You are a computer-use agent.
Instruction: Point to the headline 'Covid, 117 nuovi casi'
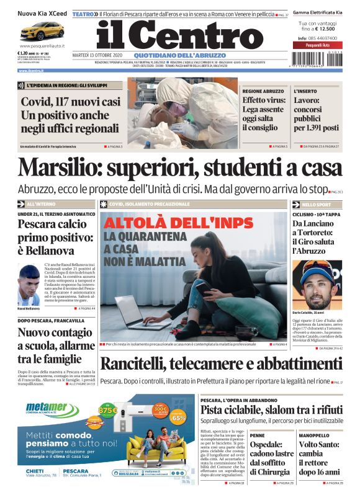(71, 102)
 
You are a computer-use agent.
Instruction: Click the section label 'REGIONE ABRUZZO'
(263, 91)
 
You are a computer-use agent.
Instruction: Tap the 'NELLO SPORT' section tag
(317, 204)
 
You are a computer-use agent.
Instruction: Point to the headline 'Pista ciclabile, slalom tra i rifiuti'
(271, 410)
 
